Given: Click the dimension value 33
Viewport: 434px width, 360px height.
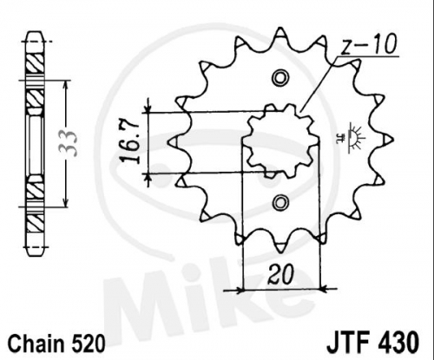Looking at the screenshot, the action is click(69, 143).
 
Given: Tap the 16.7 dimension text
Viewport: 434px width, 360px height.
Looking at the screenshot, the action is click(129, 142).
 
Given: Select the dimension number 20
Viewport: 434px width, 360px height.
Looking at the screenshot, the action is click(280, 274).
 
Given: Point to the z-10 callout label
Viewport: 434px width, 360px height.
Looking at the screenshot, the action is click(368, 45).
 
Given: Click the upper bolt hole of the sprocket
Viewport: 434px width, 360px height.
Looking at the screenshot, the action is click(280, 77).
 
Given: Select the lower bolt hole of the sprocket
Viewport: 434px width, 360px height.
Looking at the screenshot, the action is click(280, 202).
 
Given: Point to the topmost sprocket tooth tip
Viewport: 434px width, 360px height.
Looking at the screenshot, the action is click(279, 28).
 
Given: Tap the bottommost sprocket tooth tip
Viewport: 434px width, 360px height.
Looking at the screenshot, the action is click(280, 251).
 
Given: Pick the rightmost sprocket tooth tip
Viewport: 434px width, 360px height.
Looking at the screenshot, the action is click(393, 140).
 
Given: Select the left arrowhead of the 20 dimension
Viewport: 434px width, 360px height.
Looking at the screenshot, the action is click(239, 289).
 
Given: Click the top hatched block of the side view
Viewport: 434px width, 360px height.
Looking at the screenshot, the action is click(35, 65).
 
